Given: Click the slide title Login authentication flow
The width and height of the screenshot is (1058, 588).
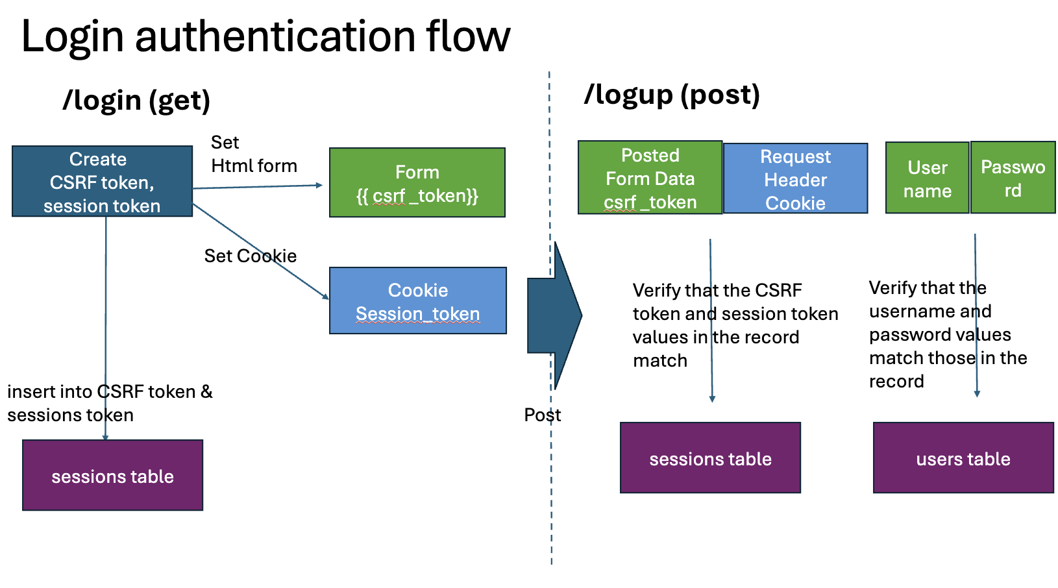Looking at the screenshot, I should tap(265, 36).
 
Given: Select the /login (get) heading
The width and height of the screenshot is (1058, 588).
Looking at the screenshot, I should tap(136, 101).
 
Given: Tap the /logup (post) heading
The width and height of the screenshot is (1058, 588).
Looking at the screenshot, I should tap(672, 95).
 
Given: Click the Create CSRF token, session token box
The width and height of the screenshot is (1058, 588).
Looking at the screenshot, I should tap(102, 181).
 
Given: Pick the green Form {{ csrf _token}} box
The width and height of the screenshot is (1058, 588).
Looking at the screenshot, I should tap(417, 182).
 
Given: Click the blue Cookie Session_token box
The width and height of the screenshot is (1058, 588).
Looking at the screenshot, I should tap(417, 300).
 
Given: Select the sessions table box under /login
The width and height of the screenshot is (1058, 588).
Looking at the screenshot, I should tap(112, 475).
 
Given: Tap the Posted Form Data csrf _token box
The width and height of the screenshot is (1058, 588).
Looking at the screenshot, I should tap(650, 178).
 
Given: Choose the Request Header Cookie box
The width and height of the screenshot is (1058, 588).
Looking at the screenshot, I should tap(795, 178).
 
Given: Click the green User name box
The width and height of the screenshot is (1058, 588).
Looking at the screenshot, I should tap(927, 178).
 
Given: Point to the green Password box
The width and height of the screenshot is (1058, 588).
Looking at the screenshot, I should tap(1013, 178).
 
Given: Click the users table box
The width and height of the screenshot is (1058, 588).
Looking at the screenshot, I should tap(963, 458).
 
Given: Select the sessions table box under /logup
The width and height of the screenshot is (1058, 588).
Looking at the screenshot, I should tap(710, 458).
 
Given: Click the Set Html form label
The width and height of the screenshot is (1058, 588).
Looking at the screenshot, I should tap(253, 154).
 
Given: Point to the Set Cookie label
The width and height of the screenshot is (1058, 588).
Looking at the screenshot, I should tap(250, 256).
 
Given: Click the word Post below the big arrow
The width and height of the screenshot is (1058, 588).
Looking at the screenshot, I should tap(542, 415).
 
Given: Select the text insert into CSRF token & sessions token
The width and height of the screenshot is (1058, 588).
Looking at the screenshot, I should tap(109, 403).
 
